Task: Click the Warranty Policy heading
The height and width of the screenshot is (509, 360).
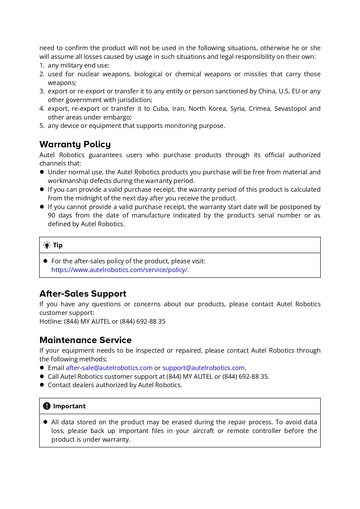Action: click(75, 144)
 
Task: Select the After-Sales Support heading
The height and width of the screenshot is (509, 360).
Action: click(83, 294)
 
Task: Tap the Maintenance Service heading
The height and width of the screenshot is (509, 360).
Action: click(86, 340)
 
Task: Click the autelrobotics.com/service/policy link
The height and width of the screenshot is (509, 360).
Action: click(119, 270)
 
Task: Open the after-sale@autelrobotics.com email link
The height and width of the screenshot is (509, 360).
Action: click(109, 368)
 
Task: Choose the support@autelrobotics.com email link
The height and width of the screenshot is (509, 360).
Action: click(203, 368)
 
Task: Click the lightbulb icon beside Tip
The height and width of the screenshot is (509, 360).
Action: click(47, 245)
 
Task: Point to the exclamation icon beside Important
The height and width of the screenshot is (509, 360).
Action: click(47, 406)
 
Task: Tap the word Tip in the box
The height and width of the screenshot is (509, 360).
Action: click(58, 245)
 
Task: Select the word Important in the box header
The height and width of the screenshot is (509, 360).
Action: click(69, 406)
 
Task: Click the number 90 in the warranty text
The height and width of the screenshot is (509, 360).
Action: click(51, 215)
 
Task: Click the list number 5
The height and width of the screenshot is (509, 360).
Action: click(41, 126)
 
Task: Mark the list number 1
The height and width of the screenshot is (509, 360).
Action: click(41, 66)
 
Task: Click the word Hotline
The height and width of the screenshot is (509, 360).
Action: click(50, 322)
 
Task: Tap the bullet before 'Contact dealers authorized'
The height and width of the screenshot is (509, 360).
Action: click(42, 385)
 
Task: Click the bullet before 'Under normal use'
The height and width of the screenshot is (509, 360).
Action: click(42, 172)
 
